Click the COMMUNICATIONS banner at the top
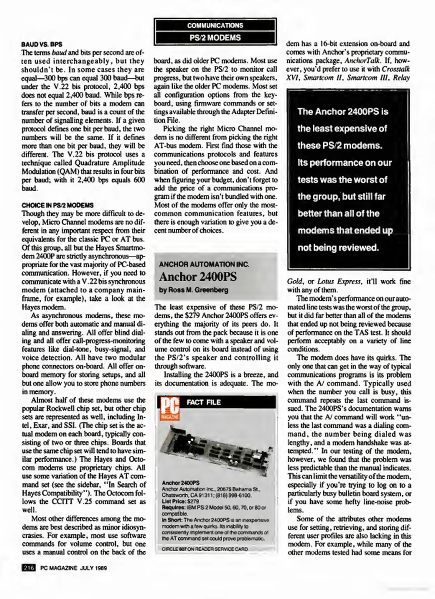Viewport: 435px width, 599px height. tap(215, 26)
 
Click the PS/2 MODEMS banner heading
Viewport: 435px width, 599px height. tap(215, 38)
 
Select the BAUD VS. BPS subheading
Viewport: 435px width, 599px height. tap(42, 44)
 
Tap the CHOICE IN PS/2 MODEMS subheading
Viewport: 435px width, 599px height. tap(57, 205)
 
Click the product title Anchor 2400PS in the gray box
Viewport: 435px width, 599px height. tap(198, 277)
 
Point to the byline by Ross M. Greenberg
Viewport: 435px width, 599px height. tap(194, 290)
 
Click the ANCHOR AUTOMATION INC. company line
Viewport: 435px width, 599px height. tap(204, 264)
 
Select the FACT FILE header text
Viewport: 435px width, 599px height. tap(204, 402)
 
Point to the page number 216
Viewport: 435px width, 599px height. tap(28, 568)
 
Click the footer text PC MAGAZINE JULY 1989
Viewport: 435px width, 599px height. tap(73, 568)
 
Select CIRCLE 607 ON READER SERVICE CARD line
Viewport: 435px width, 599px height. tap(205, 549)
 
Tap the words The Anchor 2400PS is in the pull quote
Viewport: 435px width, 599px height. tap(343, 112)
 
